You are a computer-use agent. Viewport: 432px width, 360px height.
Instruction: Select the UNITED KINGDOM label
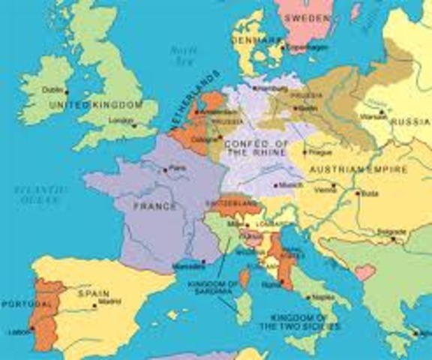95,106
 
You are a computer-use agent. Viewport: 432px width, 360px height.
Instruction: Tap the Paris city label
178,168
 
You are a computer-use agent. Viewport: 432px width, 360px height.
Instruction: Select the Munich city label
291,183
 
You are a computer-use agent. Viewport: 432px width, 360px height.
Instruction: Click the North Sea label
182,53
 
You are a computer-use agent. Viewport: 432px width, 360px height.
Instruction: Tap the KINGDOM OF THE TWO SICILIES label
299,322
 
